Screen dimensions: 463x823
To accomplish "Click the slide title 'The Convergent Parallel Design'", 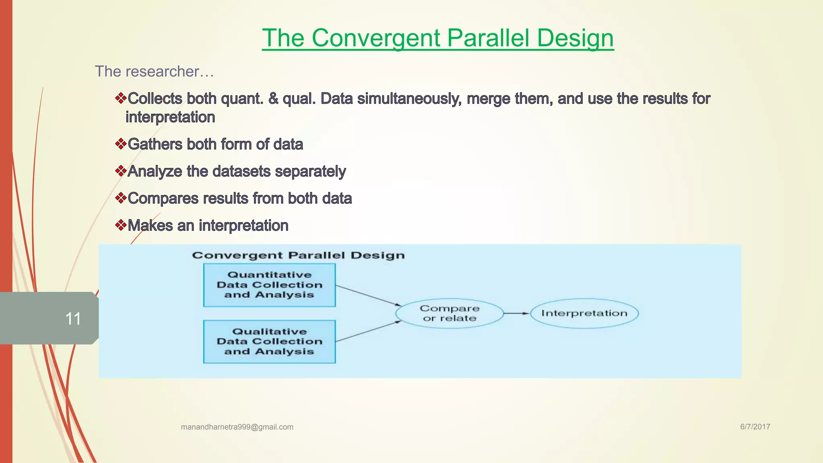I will click(438, 38).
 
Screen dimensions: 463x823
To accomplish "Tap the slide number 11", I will click(73, 319).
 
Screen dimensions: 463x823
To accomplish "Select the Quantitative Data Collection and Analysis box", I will click(269, 285).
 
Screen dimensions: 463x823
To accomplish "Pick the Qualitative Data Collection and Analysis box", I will click(269, 342).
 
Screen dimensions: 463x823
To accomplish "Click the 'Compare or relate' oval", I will click(449, 313).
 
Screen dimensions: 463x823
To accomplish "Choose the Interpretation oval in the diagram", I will click(584, 313).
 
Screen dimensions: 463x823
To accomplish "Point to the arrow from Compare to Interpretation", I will click(517, 313).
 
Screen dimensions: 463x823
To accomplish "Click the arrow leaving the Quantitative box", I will click(367, 295).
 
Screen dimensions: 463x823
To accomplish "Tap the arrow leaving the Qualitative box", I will click(367, 331).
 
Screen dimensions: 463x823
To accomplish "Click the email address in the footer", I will click(237, 427).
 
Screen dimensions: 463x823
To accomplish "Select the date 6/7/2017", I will click(755, 427).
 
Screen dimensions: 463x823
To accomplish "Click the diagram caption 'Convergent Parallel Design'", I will click(298, 256).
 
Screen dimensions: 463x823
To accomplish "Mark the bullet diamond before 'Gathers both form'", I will click(121, 144).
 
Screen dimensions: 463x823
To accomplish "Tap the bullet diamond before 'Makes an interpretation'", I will click(121, 225).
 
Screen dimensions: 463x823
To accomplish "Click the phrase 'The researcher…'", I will click(154, 72).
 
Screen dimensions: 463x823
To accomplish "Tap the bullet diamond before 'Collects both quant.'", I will click(121, 98).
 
